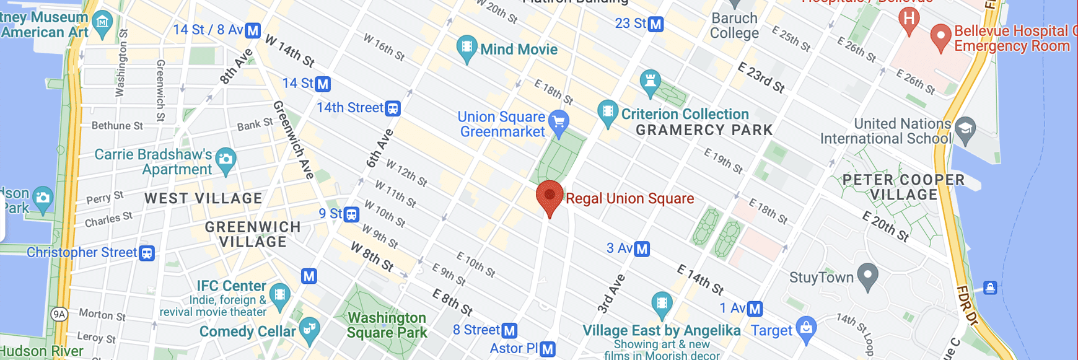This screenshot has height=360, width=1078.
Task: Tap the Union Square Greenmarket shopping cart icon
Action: pyautogui.click(x=559, y=122)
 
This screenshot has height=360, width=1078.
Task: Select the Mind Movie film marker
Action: pyautogui.click(x=467, y=48)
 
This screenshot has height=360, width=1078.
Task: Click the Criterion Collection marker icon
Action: pyautogui.click(x=608, y=112)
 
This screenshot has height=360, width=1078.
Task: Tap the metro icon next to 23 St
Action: pyautogui.click(x=655, y=24)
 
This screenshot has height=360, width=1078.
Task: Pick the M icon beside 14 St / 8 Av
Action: pyautogui.click(x=253, y=30)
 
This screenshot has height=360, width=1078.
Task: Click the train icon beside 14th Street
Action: pyautogui.click(x=393, y=108)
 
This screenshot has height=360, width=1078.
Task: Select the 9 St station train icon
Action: pyautogui.click(x=351, y=214)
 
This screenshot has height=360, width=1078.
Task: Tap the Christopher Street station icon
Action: pyautogui.click(x=147, y=253)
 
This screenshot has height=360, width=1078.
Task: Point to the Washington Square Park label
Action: pyautogui.click(x=387, y=325)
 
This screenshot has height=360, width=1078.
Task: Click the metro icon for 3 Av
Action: pyautogui.click(x=642, y=249)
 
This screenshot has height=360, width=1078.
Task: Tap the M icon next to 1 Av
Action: pyautogui.click(x=755, y=309)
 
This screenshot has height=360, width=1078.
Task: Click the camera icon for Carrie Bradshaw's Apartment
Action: pyautogui.click(x=226, y=159)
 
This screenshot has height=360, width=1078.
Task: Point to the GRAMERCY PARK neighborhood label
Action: pyautogui.click(x=704, y=130)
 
